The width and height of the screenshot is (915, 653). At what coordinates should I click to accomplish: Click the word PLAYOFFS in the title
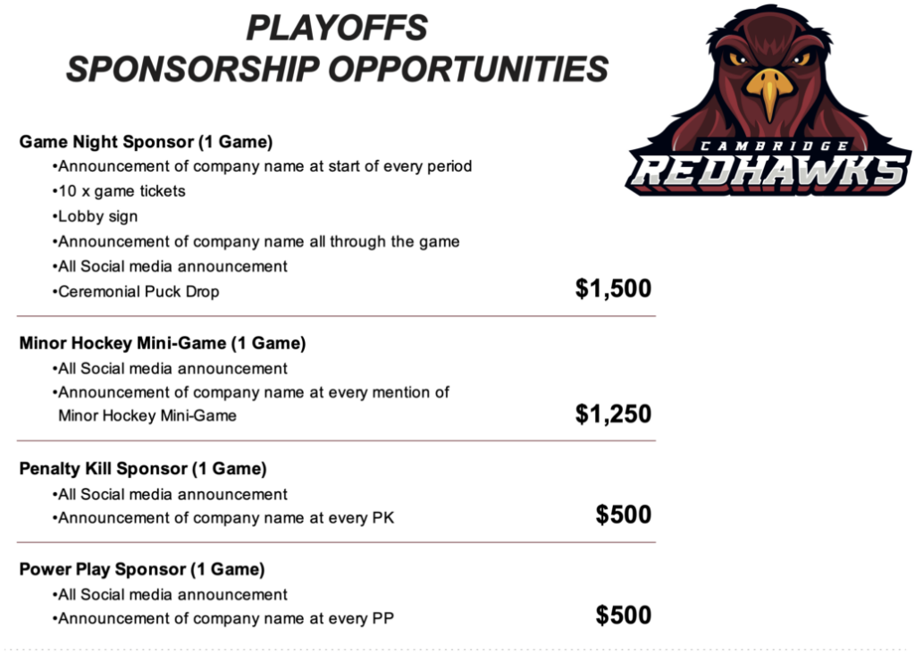pyautogui.click(x=337, y=28)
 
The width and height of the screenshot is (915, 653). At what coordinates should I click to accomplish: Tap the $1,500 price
pyautogui.click(x=613, y=289)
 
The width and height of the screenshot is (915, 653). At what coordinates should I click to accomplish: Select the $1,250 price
pyautogui.click(x=613, y=414)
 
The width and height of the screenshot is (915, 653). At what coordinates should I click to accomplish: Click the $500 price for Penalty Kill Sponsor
pyautogui.click(x=623, y=515)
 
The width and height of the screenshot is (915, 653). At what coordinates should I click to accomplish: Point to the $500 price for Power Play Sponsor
pyautogui.click(x=623, y=615)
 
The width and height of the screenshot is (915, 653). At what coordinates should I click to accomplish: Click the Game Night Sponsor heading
pyautogui.click(x=146, y=142)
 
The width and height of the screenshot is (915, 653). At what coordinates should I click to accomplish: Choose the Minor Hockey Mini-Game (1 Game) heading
pyautogui.click(x=163, y=342)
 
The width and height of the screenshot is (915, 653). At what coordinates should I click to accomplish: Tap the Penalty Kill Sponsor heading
pyautogui.click(x=143, y=469)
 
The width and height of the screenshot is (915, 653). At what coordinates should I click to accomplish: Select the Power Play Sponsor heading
pyautogui.click(x=142, y=569)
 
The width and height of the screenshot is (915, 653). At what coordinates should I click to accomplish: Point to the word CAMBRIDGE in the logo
pyautogui.click(x=775, y=146)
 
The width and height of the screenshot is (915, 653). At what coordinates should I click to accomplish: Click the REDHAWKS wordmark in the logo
pyautogui.click(x=768, y=172)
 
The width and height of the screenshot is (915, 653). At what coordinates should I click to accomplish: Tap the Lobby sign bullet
pyautogui.click(x=95, y=216)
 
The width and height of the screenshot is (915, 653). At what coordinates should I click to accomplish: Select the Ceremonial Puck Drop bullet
pyautogui.click(x=136, y=291)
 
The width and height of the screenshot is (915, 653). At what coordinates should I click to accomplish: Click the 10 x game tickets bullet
pyautogui.click(x=119, y=191)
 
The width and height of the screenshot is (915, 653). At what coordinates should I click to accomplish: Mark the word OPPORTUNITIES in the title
pyautogui.click(x=468, y=69)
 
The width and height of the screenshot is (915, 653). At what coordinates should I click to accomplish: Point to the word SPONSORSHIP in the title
pyautogui.click(x=193, y=69)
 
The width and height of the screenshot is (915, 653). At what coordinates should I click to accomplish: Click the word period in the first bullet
pyautogui.click(x=449, y=167)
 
